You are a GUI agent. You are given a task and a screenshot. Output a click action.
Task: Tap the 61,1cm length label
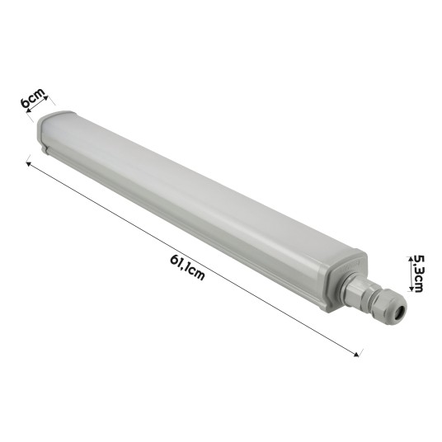click(x=187, y=266)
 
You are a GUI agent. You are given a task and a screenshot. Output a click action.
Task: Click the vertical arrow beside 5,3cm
click(x=409, y=272)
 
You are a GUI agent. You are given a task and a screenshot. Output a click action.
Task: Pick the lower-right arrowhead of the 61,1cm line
click(x=358, y=355)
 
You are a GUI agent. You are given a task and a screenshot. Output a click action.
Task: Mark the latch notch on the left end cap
click(x=43, y=153)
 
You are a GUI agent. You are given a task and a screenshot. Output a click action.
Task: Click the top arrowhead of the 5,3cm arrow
click(x=409, y=256)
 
